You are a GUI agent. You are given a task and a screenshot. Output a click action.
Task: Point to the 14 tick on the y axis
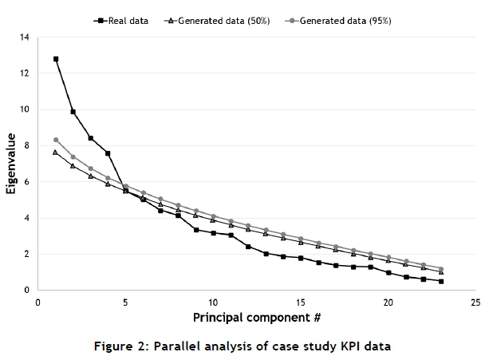coord(24,38)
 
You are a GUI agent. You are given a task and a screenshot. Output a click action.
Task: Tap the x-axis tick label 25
coord(475,303)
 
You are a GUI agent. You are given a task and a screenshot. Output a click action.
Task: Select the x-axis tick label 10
coord(213,303)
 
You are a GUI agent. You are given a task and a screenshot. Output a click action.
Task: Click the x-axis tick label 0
coord(38,303)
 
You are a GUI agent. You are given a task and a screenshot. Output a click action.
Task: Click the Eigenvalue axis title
coord(11,164)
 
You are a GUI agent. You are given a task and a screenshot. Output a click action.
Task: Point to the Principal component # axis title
coord(257,318)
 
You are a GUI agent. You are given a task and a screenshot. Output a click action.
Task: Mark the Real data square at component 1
coord(56,59)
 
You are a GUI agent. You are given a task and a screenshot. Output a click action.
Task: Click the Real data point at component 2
coord(73,112)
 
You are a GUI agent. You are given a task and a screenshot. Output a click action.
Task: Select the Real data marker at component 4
coord(108,153)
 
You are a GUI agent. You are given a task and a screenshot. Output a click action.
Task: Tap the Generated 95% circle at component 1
coord(56,140)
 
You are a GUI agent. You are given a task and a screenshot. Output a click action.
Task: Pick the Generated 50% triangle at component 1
coord(56,152)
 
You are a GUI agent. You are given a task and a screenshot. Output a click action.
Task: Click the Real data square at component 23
coord(441,281)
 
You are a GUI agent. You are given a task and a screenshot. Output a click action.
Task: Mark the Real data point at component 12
coord(248,247)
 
